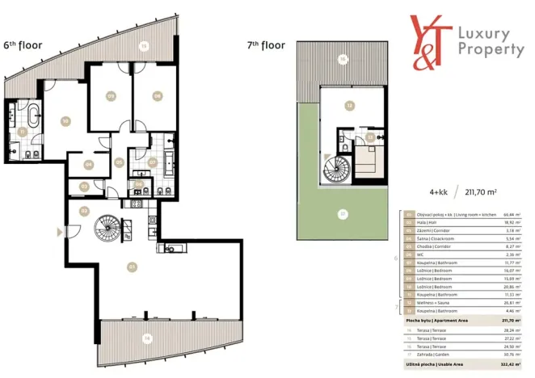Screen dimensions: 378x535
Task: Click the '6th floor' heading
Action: (x=23, y=45)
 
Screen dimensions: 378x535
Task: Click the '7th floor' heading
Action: (x=266, y=45)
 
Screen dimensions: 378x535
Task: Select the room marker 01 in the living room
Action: (x=130, y=267)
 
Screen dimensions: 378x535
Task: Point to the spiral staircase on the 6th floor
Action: (x=108, y=227)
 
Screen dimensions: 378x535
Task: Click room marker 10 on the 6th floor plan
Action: (x=64, y=121)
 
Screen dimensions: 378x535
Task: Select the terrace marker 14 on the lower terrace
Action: (x=147, y=337)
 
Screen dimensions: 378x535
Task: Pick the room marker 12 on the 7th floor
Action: (x=349, y=105)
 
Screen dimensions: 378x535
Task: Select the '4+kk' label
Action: (x=437, y=191)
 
